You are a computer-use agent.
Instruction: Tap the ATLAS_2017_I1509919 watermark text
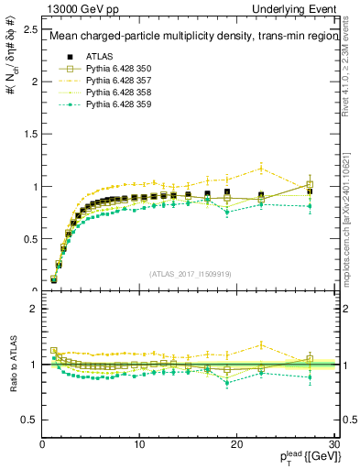click(189, 273)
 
